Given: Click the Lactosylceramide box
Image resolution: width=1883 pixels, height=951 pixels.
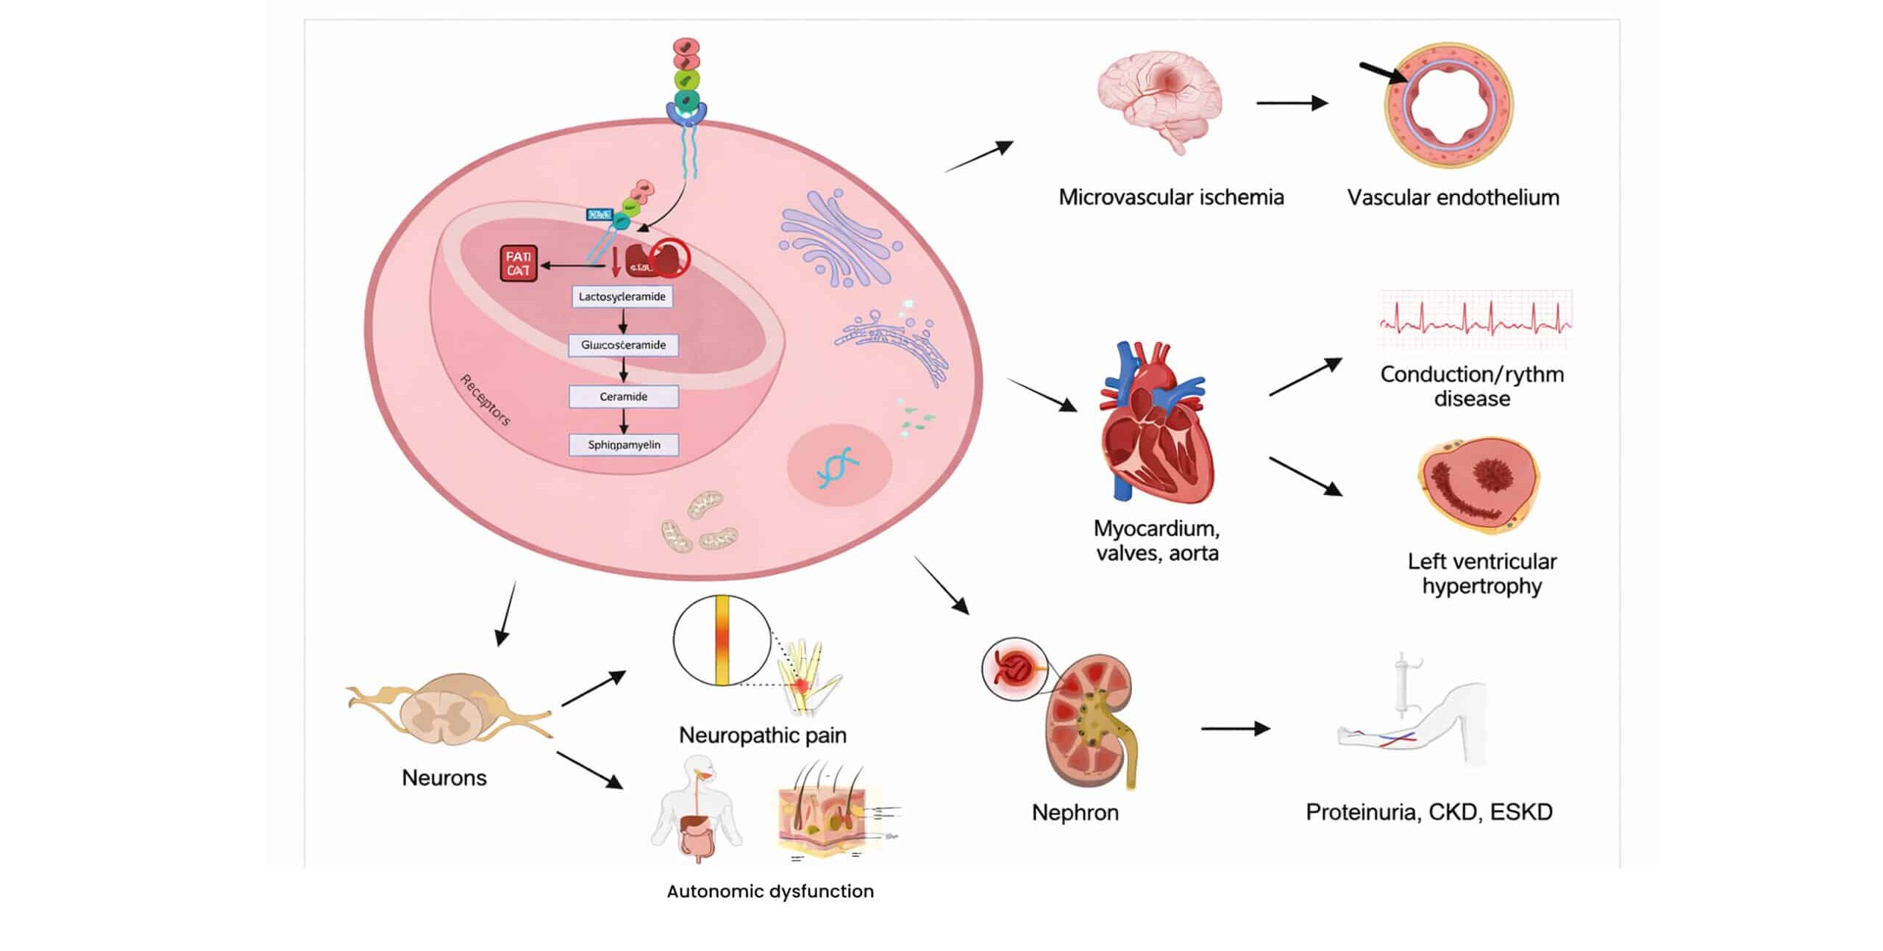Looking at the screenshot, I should click(622, 297).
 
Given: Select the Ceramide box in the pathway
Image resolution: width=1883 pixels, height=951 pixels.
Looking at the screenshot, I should click(624, 396).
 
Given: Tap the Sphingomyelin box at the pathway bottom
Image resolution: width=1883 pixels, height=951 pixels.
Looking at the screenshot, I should click(624, 445).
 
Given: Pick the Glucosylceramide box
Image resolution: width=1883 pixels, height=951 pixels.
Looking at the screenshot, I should click(624, 345).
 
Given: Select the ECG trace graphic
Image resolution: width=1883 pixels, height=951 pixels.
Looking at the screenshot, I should click(1474, 321).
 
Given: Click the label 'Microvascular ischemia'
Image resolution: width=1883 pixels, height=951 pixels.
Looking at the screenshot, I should click(1171, 197).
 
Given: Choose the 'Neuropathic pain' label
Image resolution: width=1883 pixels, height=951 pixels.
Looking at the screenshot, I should click(763, 735).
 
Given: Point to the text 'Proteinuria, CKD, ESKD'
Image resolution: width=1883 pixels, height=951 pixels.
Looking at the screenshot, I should click(1429, 812).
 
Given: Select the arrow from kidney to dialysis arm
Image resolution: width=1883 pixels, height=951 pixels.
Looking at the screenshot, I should click(1235, 729).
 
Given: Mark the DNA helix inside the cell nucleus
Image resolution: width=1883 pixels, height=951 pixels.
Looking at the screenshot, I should click(839, 467).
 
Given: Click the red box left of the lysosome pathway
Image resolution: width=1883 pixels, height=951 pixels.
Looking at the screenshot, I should click(519, 263).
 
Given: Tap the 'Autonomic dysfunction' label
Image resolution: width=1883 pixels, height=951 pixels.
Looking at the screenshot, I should click(770, 891).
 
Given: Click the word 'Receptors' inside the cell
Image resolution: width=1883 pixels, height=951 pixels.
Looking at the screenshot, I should click(485, 400).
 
